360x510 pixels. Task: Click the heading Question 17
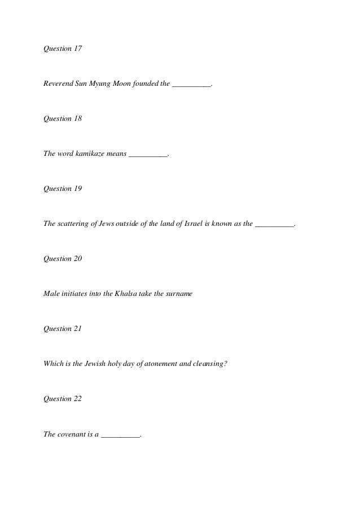pos(63,49)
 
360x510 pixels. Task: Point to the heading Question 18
pos(63,119)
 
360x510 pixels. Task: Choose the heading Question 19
pos(63,189)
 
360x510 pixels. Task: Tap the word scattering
pos(73,224)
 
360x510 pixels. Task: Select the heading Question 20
pos(63,259)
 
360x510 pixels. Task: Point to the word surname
pos(179,294)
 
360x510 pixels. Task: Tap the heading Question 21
pos(63,329)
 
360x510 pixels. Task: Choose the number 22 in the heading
pos(77,399)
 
